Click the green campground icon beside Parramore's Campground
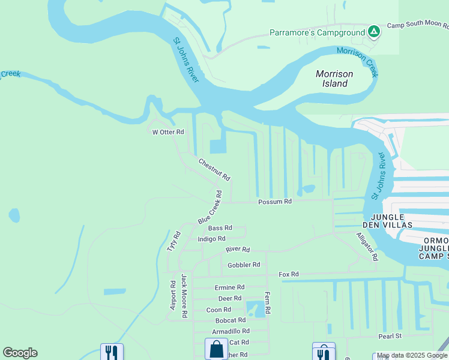[374, 32]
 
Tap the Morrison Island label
[334, 79]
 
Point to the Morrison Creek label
[358, 62]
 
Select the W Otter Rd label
[167, 132]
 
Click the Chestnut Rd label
[214, 169]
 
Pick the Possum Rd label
[275, 202]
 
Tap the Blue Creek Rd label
[210, 208]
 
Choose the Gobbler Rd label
[244, 265]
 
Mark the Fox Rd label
[288, 274]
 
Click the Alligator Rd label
[367, 247]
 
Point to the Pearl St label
[390, 336]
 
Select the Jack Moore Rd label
[185, 296]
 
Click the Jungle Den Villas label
[391, 220]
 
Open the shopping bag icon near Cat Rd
[216, 349]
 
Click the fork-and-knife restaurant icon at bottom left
[111, 352]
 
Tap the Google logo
[20, 353]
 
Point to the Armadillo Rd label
[229, 331]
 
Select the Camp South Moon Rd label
[418, 26]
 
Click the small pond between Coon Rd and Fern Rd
[255, 309]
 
